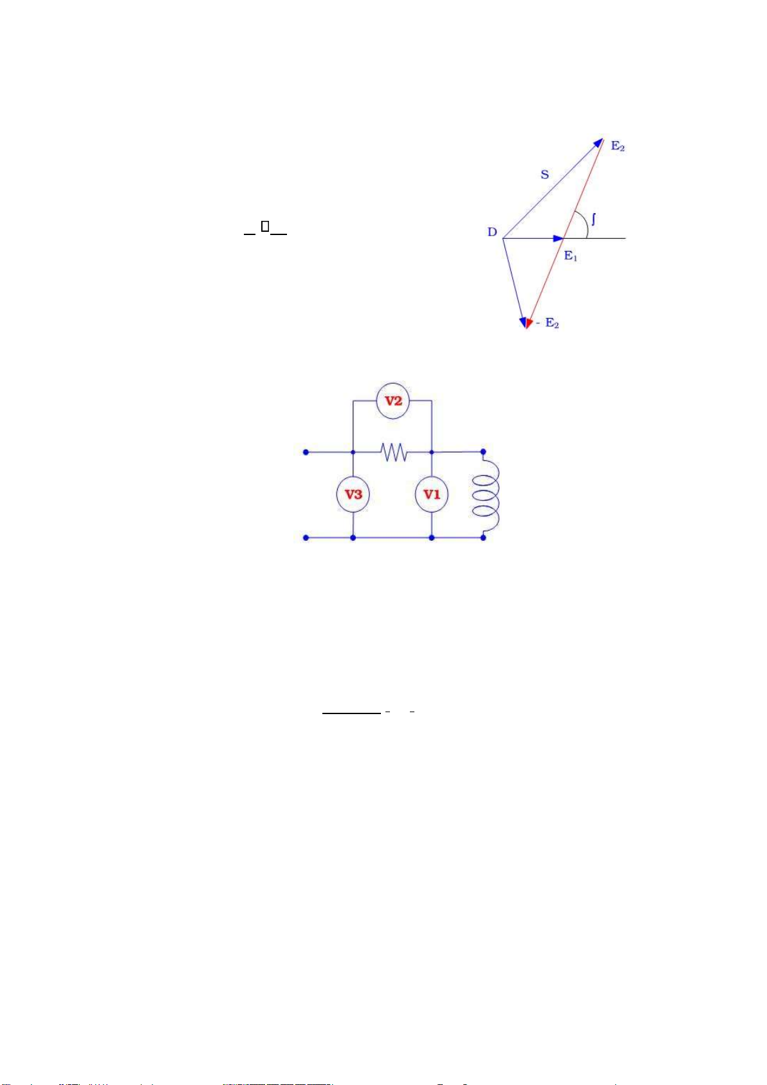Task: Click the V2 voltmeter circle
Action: click(393, 401)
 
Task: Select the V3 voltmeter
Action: click(353, 495)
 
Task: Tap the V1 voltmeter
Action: click(432, 495)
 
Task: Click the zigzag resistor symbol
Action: click(394, 452)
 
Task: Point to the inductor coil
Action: click(487, 495)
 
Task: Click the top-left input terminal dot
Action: click(306, 452)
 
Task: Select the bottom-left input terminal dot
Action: click(306, 538)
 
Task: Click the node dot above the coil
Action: click(483, 452)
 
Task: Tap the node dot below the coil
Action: click(483, 538)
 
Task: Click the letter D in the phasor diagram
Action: click(492, 232)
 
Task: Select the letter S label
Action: click(545, 175)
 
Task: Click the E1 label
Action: click(571, 256)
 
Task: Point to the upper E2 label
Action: click(618, 147)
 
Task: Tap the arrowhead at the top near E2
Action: click(598, 142)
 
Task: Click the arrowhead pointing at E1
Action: click(559, 239)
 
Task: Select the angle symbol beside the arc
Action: click(593, 220)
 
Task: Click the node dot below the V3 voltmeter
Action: click(353, 538)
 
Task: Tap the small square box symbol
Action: click(264, 227)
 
